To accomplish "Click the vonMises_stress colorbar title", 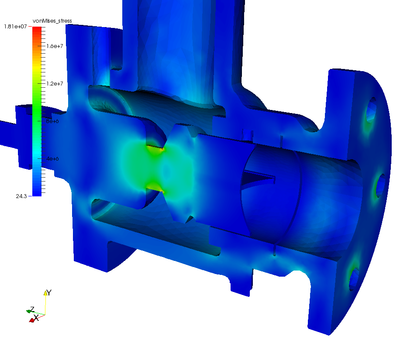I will pos(52,21).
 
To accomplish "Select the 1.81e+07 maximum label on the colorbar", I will pos(15,27).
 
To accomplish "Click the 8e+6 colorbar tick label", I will pos(50,121).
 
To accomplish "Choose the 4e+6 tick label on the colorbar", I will pos(50,158).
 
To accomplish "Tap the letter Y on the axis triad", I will pos(49,292).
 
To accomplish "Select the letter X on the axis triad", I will pos(37,318).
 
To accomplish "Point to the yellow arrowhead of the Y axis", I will pos(45,293).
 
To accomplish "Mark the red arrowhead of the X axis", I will pos(32,320).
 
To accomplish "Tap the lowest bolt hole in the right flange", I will pos(354,279).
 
